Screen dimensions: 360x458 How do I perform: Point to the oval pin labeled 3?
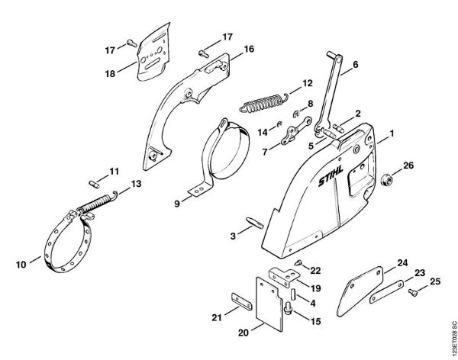click(x=253, y=222)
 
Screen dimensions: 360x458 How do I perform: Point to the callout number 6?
click(x=354, y=66)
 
